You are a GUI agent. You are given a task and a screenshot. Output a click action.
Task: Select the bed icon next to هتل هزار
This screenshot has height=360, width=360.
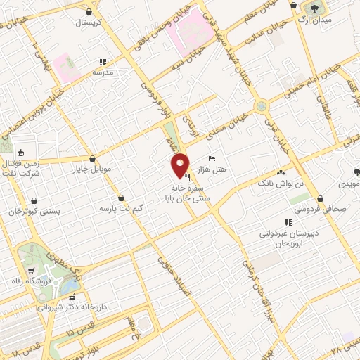(212, 160)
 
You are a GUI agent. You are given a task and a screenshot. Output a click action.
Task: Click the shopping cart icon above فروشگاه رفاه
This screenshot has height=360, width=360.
(30, 272)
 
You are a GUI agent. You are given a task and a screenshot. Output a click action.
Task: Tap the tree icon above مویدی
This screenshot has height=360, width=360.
(357, 172)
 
